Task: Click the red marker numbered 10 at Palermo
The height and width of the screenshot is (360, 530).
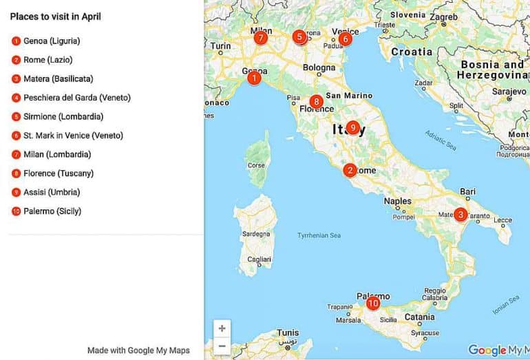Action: [373, 303]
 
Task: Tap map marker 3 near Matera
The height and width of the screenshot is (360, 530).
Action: [460, 214]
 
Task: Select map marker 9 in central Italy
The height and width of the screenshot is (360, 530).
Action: [353, 127]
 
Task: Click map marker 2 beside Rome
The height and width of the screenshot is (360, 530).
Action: [350, 170]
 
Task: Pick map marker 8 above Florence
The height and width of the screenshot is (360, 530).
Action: [316, 100]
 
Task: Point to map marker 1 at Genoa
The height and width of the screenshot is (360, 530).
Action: [255, 78]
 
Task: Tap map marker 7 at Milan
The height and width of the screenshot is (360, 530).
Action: [260, 38]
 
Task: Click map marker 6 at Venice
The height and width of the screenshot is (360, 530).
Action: [346, 39]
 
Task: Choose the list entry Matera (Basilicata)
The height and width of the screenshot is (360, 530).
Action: [58, 78]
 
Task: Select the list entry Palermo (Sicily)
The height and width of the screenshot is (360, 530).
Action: [52, 211]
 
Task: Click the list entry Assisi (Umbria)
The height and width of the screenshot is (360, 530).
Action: [52, 192]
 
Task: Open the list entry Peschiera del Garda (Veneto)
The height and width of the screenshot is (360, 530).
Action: [76, 98]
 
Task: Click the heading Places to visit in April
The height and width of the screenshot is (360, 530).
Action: [56, 17]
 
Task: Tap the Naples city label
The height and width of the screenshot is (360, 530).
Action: [397, 202]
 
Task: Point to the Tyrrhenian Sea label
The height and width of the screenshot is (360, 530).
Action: [319, 235]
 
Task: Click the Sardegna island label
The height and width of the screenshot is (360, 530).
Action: [256, 234]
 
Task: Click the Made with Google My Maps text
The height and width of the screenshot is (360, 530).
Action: [138, 350]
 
